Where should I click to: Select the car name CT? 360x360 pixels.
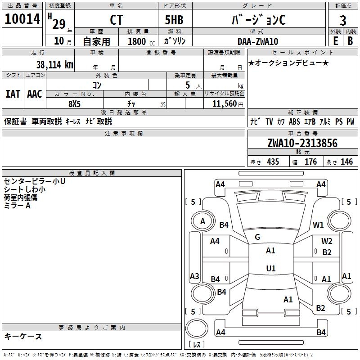click(116, 20)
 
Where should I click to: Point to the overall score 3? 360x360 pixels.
click(343, 20)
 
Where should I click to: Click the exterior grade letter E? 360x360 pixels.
click(335, 41)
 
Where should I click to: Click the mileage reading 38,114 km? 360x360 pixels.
click(54, 64)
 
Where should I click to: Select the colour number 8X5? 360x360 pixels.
click(75, 103)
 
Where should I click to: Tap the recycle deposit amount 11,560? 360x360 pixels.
click(224, 103)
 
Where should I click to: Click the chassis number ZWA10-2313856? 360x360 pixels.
click(302, 143)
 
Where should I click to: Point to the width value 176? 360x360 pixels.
click(310, 162)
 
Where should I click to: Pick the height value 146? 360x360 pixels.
click(346, 162)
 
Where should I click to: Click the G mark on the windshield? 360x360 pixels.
click(257, 237)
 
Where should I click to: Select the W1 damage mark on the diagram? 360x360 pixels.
click(319, 225)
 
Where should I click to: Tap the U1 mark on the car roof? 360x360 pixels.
click(270, 269)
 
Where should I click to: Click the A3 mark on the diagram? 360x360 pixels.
click(194, 276)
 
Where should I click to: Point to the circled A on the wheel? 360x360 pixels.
click(202, 221)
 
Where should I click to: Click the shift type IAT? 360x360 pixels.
click(13, 94)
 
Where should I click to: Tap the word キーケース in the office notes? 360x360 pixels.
click(23, 337)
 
